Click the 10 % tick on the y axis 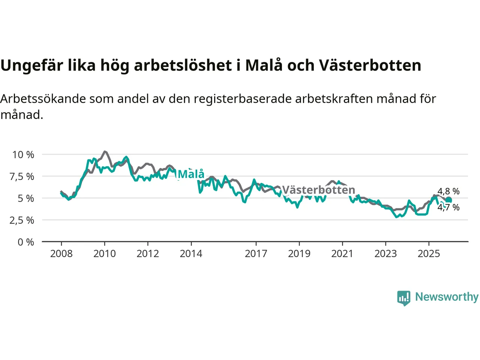point(23,154)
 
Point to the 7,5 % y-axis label point(22,176)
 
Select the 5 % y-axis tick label point(25,198)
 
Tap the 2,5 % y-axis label point(22,220)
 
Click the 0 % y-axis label point(25,242)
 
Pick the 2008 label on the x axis point(61,254)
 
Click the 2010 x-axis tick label point(105,254)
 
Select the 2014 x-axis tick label point(191,254)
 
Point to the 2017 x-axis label point(256,254)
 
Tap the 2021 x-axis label point(342,254)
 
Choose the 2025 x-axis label point(429,254)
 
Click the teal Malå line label point(191,174)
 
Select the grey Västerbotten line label point(318,190)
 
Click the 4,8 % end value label point(448,192)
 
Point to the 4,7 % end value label point(448,207)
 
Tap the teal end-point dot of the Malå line point(448,200)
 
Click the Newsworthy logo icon point(403,298)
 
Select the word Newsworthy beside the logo point(447,297)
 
